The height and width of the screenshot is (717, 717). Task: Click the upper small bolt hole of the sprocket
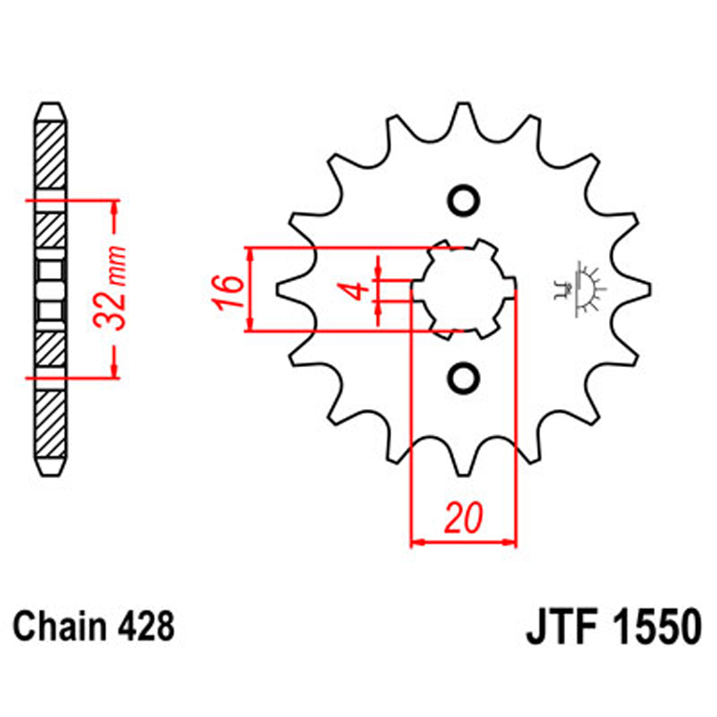464,201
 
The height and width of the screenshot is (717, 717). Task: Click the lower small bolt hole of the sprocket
464,376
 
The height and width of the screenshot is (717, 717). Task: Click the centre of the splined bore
464,288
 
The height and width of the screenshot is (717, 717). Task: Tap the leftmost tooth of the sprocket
284,288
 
